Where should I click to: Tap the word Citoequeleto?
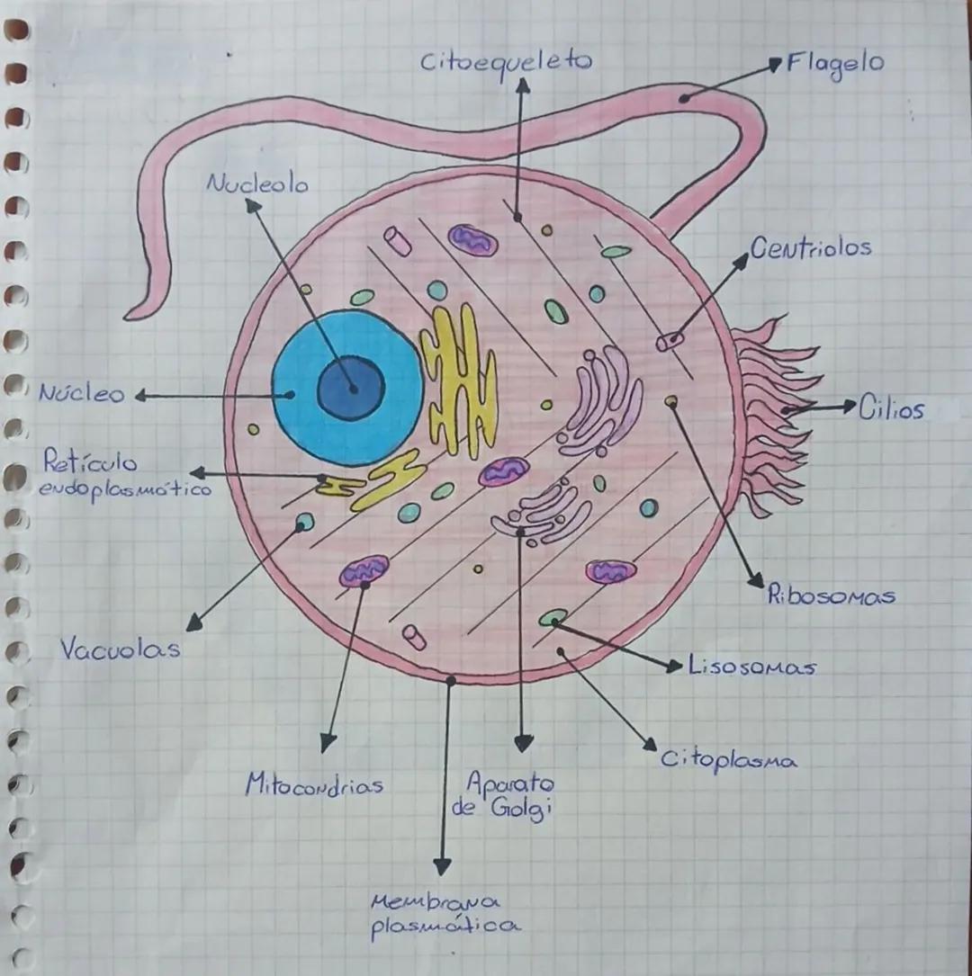506,62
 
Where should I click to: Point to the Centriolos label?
810,248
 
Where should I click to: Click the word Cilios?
890,409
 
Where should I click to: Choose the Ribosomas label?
831,596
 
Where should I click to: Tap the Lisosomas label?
751,667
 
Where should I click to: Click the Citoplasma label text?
729,761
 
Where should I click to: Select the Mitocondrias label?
314,784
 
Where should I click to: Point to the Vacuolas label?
120,649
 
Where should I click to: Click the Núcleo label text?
81,394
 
